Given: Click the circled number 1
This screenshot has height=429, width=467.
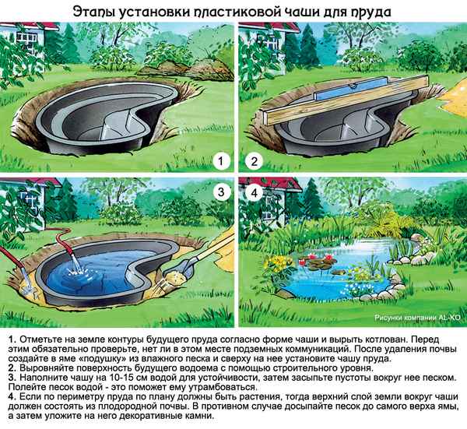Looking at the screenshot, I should [x=222, y=162].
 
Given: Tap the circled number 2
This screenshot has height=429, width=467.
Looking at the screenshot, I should [x=251, y=162].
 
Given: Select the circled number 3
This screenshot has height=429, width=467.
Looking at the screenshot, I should [x=222, y=192].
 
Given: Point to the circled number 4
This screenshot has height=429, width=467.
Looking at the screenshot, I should [x=251, y=192].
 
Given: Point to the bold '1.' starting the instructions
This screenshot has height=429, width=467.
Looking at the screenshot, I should [x=9, y=340].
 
